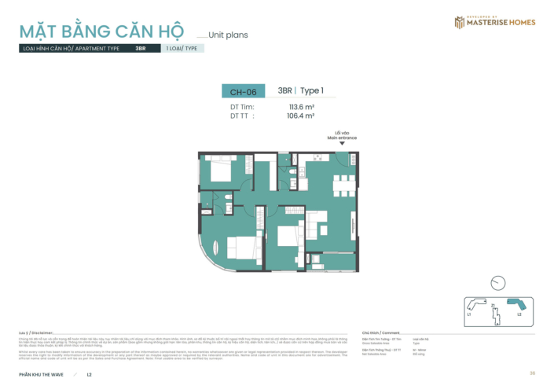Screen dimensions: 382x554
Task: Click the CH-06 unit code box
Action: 238,92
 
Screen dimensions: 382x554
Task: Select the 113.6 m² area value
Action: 301,106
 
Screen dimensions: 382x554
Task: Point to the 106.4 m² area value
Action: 301,115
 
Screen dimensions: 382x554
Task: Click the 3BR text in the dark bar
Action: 140,48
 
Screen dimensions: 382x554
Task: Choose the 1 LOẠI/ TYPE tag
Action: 182,48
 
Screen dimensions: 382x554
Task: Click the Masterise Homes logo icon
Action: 459,22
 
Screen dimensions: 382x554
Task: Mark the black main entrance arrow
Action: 342,143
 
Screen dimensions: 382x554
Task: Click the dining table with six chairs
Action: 343,186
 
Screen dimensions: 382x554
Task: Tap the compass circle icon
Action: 497,283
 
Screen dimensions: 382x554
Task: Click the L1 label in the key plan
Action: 468,314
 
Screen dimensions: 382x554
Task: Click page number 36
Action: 532,373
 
